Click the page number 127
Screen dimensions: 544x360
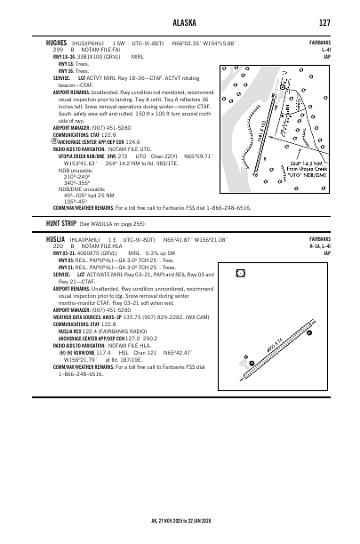324,21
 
